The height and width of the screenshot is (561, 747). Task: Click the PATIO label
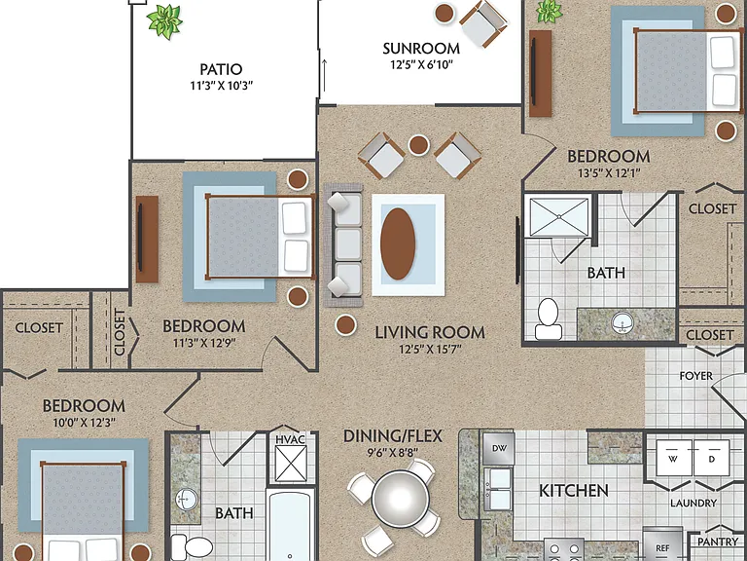click(221, 69)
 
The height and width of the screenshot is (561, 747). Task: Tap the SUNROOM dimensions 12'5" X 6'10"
click(421, 64)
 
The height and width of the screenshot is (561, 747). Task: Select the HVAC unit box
click(291, 458)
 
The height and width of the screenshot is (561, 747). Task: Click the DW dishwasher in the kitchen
click(498, 448)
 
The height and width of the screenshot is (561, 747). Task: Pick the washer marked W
click(674, 458)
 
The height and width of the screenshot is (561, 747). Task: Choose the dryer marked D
click(711, 458)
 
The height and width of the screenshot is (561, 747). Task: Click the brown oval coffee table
click(398, 243)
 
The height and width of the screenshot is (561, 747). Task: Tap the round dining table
click(400, 499)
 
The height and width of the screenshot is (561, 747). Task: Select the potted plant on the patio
click(164, 20)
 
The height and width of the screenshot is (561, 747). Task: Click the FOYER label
click(696, 376)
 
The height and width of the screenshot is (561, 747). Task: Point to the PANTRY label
click(718, 542)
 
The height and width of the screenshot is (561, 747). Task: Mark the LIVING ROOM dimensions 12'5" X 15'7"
click(430, 350)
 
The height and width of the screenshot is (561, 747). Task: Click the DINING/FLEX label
click(393, 436)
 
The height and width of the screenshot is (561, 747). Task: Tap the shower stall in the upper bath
click(559, 217)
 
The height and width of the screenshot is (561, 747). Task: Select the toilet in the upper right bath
click(548, 318)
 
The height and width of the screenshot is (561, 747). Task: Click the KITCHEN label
click(574, 491)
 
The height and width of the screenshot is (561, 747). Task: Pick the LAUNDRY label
click(694, 503)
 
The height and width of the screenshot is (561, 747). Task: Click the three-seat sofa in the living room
click(343, 244)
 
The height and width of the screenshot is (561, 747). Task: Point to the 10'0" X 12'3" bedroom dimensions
click(84, 422)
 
